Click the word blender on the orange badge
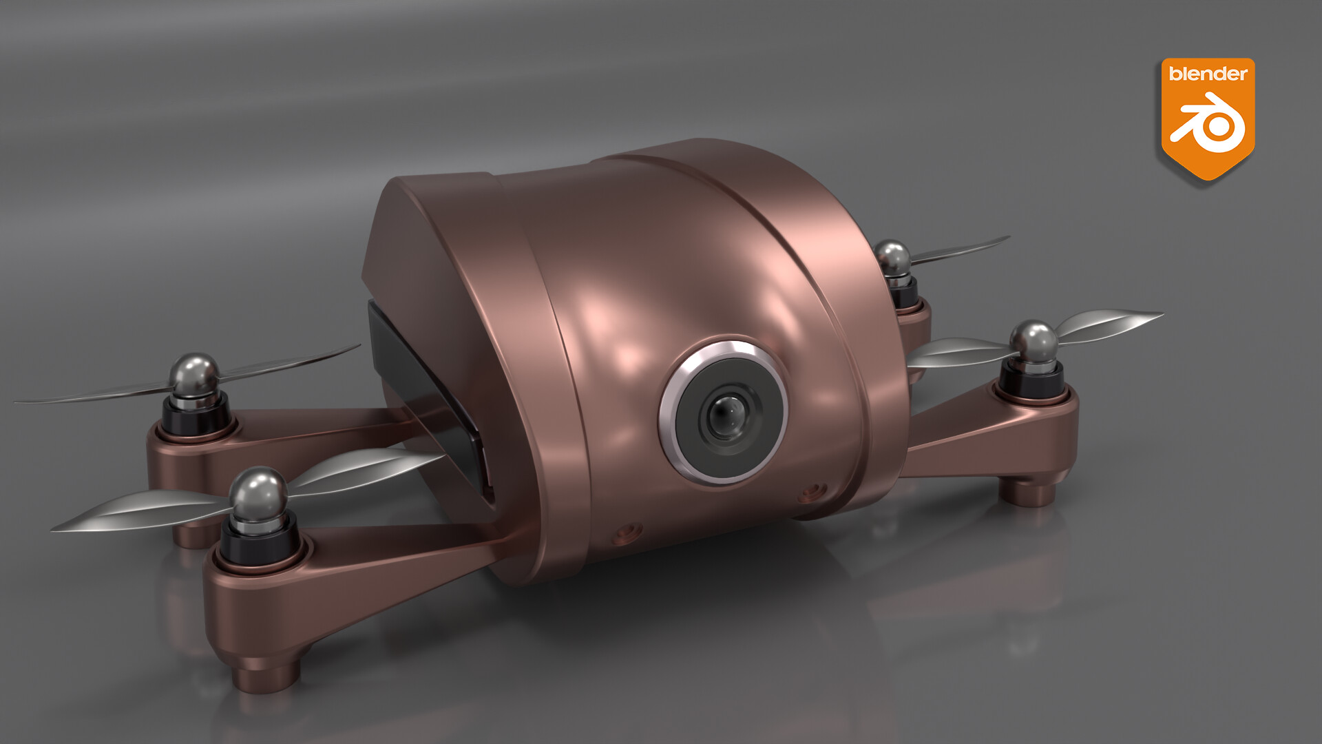point(1208,74)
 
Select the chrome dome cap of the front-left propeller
point(258,490)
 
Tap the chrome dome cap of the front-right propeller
point(1033,340)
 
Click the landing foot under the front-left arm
point(266,671)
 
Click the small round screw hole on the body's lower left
point(627,533)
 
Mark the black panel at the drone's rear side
point(427,386)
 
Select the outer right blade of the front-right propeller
point(1109,324)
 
